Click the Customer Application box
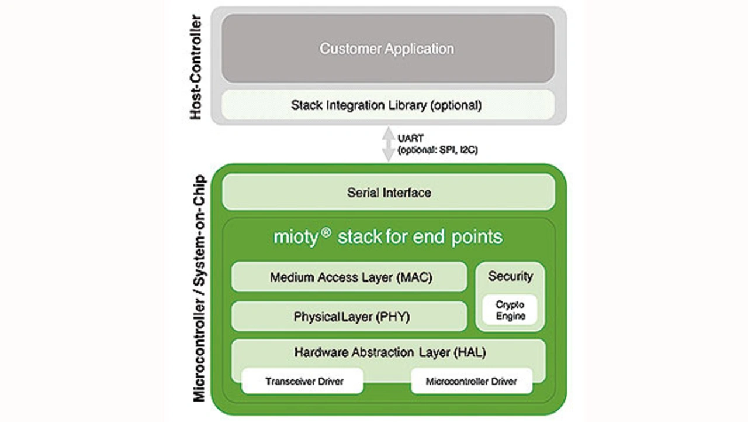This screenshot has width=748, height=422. click(x=387, y=49)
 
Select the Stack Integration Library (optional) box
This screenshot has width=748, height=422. click(x=387, y=106)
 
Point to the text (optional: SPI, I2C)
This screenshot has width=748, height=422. click(x=438, y=150)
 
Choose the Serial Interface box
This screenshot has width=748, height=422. click(x=389, y=192)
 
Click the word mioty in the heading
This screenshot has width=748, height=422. click(x=296, y=237)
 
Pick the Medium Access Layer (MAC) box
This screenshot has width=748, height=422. click(x=349, y=277)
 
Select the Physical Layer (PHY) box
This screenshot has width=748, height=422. click(x=349, y=317)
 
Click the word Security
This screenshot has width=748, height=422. click(x=510, y=276)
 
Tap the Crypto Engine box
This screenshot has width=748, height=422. click(x=510, y=310)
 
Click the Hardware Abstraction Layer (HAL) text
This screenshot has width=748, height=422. click(x=390, y=352)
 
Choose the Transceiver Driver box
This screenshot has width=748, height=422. click(x=303, y=382)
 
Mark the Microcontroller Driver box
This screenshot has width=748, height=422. click(x=472, y=382)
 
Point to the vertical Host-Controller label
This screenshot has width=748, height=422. click(x=196, y=68)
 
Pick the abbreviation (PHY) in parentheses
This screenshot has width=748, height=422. click(x=393, y=317)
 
